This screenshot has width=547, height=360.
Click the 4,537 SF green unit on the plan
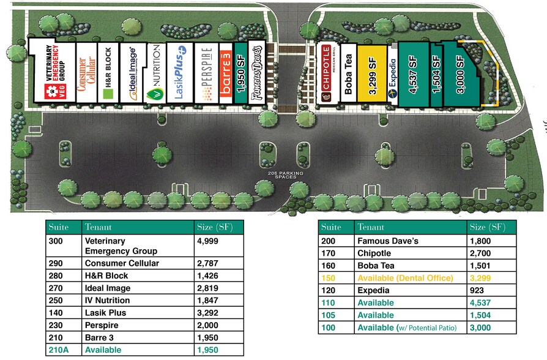click(413, 75)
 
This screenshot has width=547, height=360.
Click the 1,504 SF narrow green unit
click(436, 75)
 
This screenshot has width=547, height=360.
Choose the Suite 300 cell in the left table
click(56, 241)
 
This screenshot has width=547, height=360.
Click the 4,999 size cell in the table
click(207, 241)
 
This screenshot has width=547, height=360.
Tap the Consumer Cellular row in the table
click(121, 263)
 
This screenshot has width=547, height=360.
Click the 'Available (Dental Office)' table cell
click(404, 278)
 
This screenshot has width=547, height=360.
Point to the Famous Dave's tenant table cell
click(387, 241)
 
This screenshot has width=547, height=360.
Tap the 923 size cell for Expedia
click(477, 290)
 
